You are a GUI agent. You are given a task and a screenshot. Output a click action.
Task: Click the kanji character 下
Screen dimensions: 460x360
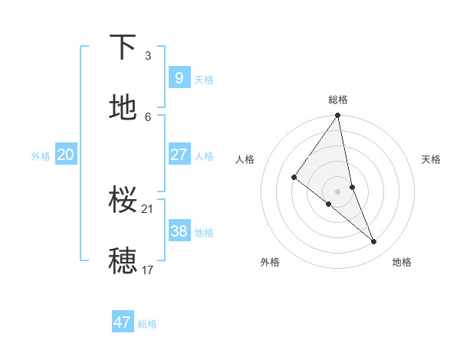click(x=123, y=48)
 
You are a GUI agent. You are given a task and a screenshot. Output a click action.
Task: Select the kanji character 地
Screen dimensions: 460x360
click(x=123, y=109)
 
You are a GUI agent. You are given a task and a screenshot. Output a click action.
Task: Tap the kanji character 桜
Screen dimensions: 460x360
click(x=123, y=201)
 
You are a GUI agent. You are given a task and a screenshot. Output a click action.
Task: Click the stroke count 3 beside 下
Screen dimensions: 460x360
click(x=147, y=55)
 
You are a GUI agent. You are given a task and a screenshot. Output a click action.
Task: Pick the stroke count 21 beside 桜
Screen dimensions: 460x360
click(x=149, y=208)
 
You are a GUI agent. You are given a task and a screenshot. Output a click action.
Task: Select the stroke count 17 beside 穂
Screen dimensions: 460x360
click(x=148, y=270)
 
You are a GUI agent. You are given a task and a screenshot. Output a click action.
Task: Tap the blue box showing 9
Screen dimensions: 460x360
click(x=179, y=77)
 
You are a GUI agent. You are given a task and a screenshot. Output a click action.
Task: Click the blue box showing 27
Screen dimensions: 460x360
click(x=179, y=155)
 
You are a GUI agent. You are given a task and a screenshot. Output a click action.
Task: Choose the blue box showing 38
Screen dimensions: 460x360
click(x=179, y=231)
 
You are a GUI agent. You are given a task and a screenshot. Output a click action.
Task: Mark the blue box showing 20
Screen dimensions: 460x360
click(x=65, y=155)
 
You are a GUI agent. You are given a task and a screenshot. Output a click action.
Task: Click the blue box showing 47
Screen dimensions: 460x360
click(x=123, y=322)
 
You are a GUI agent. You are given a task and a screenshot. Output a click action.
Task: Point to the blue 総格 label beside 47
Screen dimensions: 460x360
click(x=147, y=324)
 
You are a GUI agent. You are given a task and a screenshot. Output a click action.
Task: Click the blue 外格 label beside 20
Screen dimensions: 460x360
click(x=41, y=156)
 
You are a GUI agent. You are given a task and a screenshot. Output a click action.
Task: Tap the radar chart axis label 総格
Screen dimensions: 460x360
click(x=338, y=100)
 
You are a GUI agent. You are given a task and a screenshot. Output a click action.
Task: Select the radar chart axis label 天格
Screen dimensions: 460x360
click(x=432, y=159)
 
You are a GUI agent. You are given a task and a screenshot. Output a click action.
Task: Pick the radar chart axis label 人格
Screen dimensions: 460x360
click(x=245, y=159)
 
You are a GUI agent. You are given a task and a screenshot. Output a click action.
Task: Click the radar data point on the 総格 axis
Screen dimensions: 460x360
click(x=337, y=116)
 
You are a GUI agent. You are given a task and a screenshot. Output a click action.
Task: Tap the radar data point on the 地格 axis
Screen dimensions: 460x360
click(x=374, y=241)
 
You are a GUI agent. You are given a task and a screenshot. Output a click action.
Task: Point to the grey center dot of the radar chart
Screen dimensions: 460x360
click(x=337, y=191)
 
